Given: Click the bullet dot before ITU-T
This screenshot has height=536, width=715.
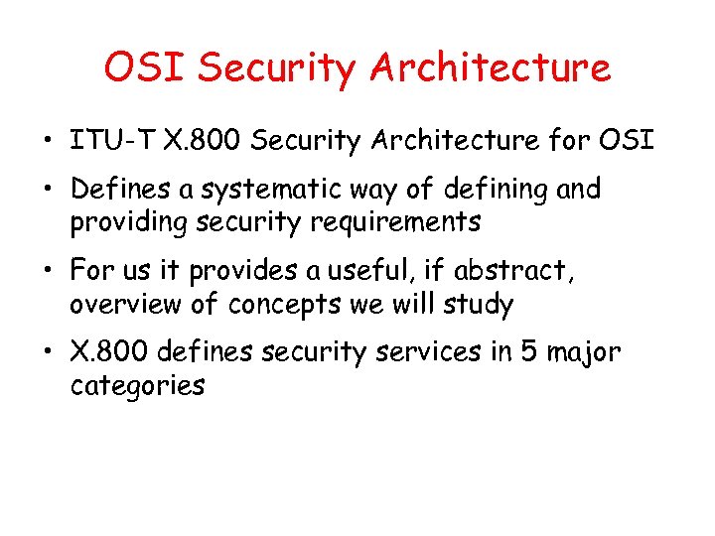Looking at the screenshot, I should (48, 141).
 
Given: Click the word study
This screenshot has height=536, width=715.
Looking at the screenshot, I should (479, 304).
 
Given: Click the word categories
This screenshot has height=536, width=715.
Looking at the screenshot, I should (137, 385).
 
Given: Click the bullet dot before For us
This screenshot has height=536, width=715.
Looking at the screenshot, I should (48, 271).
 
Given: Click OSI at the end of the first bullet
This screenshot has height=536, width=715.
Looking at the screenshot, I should (627, 141).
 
